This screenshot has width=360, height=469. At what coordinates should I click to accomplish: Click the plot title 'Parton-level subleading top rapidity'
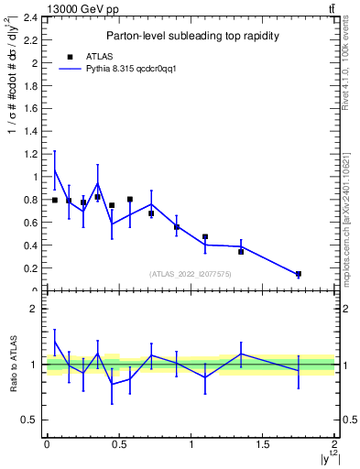click(191, 36)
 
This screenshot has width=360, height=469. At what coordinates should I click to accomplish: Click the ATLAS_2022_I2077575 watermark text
click(191, 274)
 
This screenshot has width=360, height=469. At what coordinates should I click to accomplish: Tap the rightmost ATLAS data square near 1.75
click(299, 274)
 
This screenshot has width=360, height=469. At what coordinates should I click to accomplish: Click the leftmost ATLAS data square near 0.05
click(55, 200)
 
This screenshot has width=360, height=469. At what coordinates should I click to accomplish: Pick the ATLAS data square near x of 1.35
click(241, 251)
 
